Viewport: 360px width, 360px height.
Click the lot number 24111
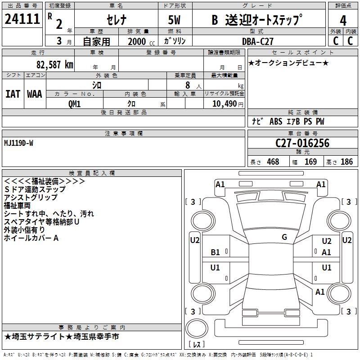click(22, 20)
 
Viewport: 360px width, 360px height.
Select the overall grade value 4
click(343, 21)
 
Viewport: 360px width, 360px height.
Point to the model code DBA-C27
click(257, 40)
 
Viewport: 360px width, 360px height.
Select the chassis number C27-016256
click(302, 143)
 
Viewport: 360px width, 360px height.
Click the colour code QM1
click(74, 103)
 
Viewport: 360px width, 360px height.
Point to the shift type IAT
click(13, 94)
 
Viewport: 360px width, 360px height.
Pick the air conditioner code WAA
click(35, 94)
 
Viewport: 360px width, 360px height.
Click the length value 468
click(273, 162)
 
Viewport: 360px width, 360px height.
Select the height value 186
click(346, 162)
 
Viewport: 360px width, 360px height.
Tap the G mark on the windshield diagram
click(284, 237)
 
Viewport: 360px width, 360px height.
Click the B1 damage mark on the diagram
click(216, 252)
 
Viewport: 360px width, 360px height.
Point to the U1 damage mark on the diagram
click(216, 268)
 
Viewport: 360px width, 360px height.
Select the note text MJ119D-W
click(18, 143)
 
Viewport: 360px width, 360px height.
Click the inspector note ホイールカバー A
click(31, 238)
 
